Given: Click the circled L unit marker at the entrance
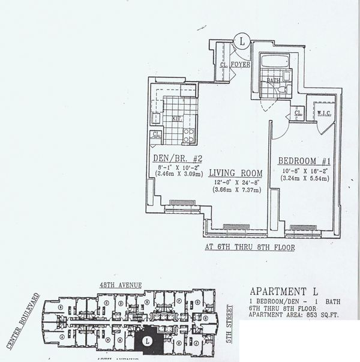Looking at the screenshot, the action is (242, 41).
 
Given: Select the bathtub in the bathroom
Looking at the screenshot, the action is (273, 62).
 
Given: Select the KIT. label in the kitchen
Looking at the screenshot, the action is (176, 119).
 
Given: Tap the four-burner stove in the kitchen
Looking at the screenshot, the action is (188, 134).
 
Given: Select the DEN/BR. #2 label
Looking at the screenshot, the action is (172, 159).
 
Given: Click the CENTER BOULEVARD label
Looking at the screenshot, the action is (21, 321).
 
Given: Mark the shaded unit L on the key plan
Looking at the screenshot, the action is (146, 340).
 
